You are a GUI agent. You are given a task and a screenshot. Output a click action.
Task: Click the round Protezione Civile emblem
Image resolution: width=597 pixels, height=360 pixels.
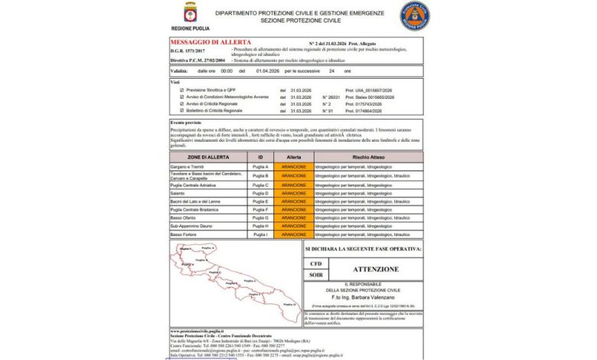tap(414, 15)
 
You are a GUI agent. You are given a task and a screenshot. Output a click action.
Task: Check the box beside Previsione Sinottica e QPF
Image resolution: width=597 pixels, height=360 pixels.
tap(181, 90)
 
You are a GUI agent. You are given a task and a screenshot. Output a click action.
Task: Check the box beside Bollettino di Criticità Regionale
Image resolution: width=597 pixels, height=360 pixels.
tap(181, 111)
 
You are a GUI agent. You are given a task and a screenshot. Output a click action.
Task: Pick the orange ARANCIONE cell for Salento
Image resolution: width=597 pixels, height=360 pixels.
tap(294, 194)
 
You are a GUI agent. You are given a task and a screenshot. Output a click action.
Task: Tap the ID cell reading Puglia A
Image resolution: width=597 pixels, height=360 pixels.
tap(261, 166)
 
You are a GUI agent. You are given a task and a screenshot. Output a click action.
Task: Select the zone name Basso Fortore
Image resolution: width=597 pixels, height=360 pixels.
tap(184, 234)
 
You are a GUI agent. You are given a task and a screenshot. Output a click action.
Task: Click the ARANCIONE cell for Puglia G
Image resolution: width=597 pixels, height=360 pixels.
tap(294, 217)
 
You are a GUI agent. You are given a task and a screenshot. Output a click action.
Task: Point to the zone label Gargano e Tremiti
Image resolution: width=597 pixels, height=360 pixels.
tap(188, 166)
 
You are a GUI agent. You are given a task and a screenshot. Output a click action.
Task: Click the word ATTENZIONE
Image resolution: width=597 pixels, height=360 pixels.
tap(375, 270)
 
